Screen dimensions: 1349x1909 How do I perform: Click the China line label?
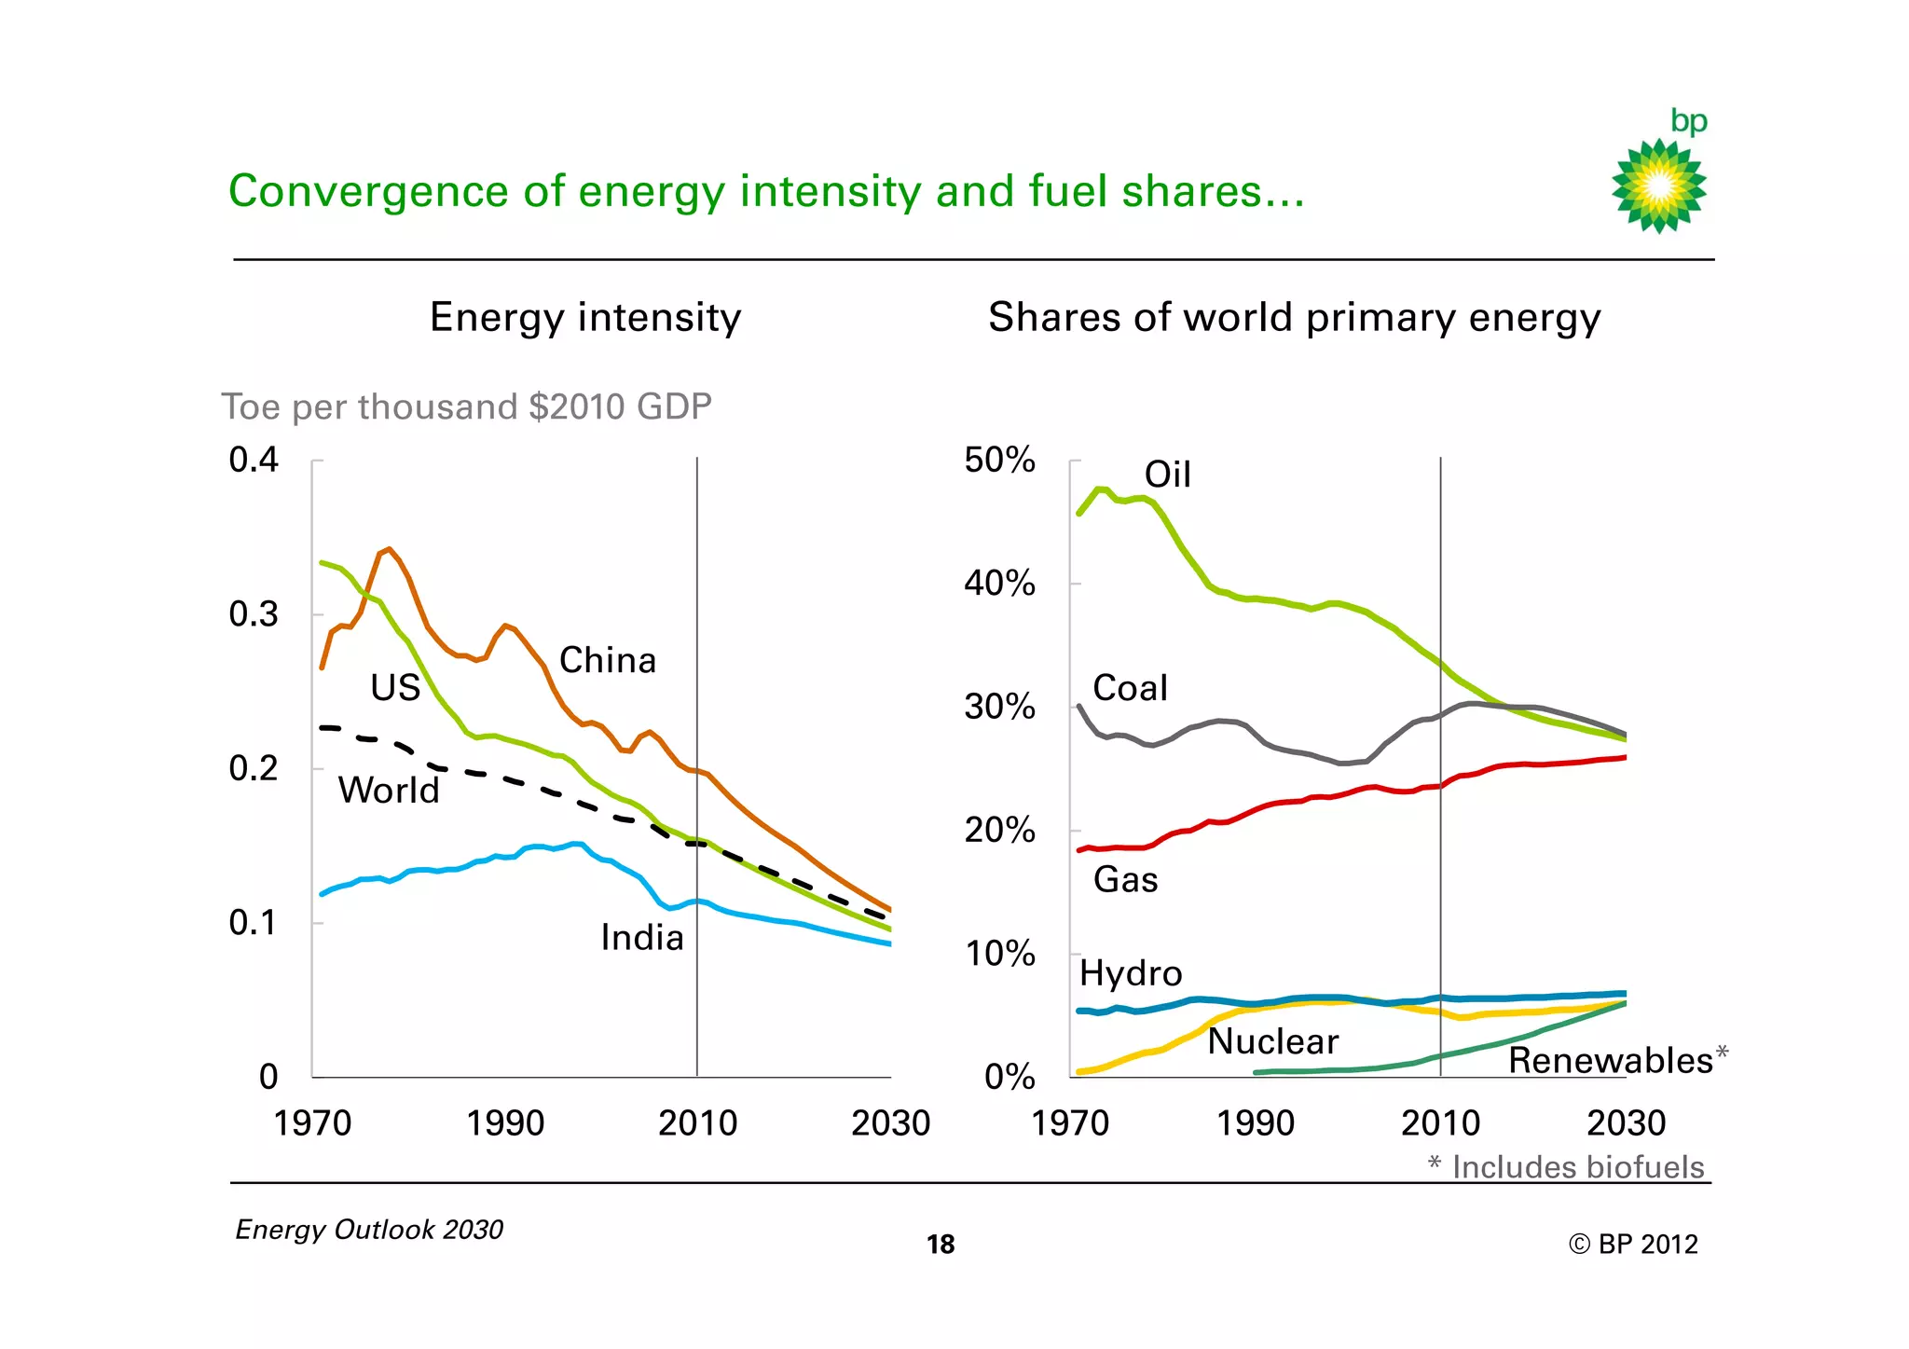tap(608, 660)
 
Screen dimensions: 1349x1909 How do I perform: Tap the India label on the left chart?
tap(641, 937)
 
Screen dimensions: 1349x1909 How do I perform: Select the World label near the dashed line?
tap(389, 790)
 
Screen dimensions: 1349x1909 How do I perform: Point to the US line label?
tap(395, 688)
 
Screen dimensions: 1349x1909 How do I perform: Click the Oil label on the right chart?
tap(1167, 475)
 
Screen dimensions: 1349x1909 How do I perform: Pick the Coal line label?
tap(1130, 688)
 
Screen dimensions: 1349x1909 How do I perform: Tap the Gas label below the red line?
tap(1125, 879)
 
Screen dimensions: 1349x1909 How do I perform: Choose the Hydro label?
tap(1131, 973)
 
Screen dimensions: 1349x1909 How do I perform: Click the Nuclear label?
tap(1272, 1041)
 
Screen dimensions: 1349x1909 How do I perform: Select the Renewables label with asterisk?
tap(1617, 1060)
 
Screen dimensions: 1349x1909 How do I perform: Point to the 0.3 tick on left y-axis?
tap(254, 614)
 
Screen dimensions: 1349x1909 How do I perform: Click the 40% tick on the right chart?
tap(999, 584)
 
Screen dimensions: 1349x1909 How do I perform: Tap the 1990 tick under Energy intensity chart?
tap(505, 1123)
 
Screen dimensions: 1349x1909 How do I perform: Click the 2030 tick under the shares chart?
tap(1626, 1123)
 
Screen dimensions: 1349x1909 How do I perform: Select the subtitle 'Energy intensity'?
tap(585, 317)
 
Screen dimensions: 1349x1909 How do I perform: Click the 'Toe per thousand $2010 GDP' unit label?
tap(466, 406)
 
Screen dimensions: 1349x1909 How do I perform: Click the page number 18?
tap(941, 1245)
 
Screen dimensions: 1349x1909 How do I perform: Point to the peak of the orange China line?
tap(389, 549)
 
